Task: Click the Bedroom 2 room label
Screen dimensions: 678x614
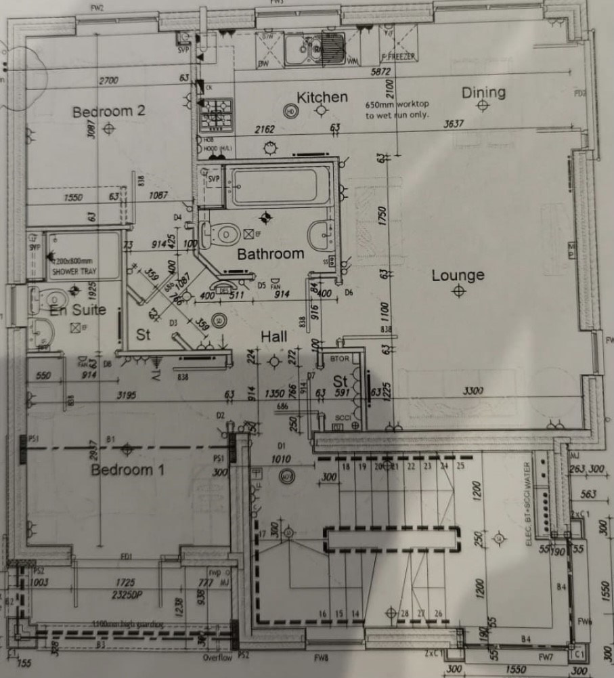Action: click(x=109, y=111)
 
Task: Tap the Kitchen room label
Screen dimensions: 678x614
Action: click(x=322, y=98)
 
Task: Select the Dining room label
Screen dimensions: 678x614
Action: click(x=483, y=93)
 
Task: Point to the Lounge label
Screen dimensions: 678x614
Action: click(x=458, y=275)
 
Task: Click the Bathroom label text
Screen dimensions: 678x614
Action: click(x=270, y=254)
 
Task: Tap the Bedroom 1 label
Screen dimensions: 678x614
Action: click(x=128, y=469)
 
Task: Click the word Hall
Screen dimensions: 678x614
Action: click(x=274, y=337)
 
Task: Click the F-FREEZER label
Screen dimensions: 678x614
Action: click(x=398, y=56)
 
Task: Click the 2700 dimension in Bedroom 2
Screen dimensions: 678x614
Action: click(x=108, y=81)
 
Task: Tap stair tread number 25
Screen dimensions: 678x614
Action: click(x=460, y=466)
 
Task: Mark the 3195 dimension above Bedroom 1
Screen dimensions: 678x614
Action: click(x=129, y=394)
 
